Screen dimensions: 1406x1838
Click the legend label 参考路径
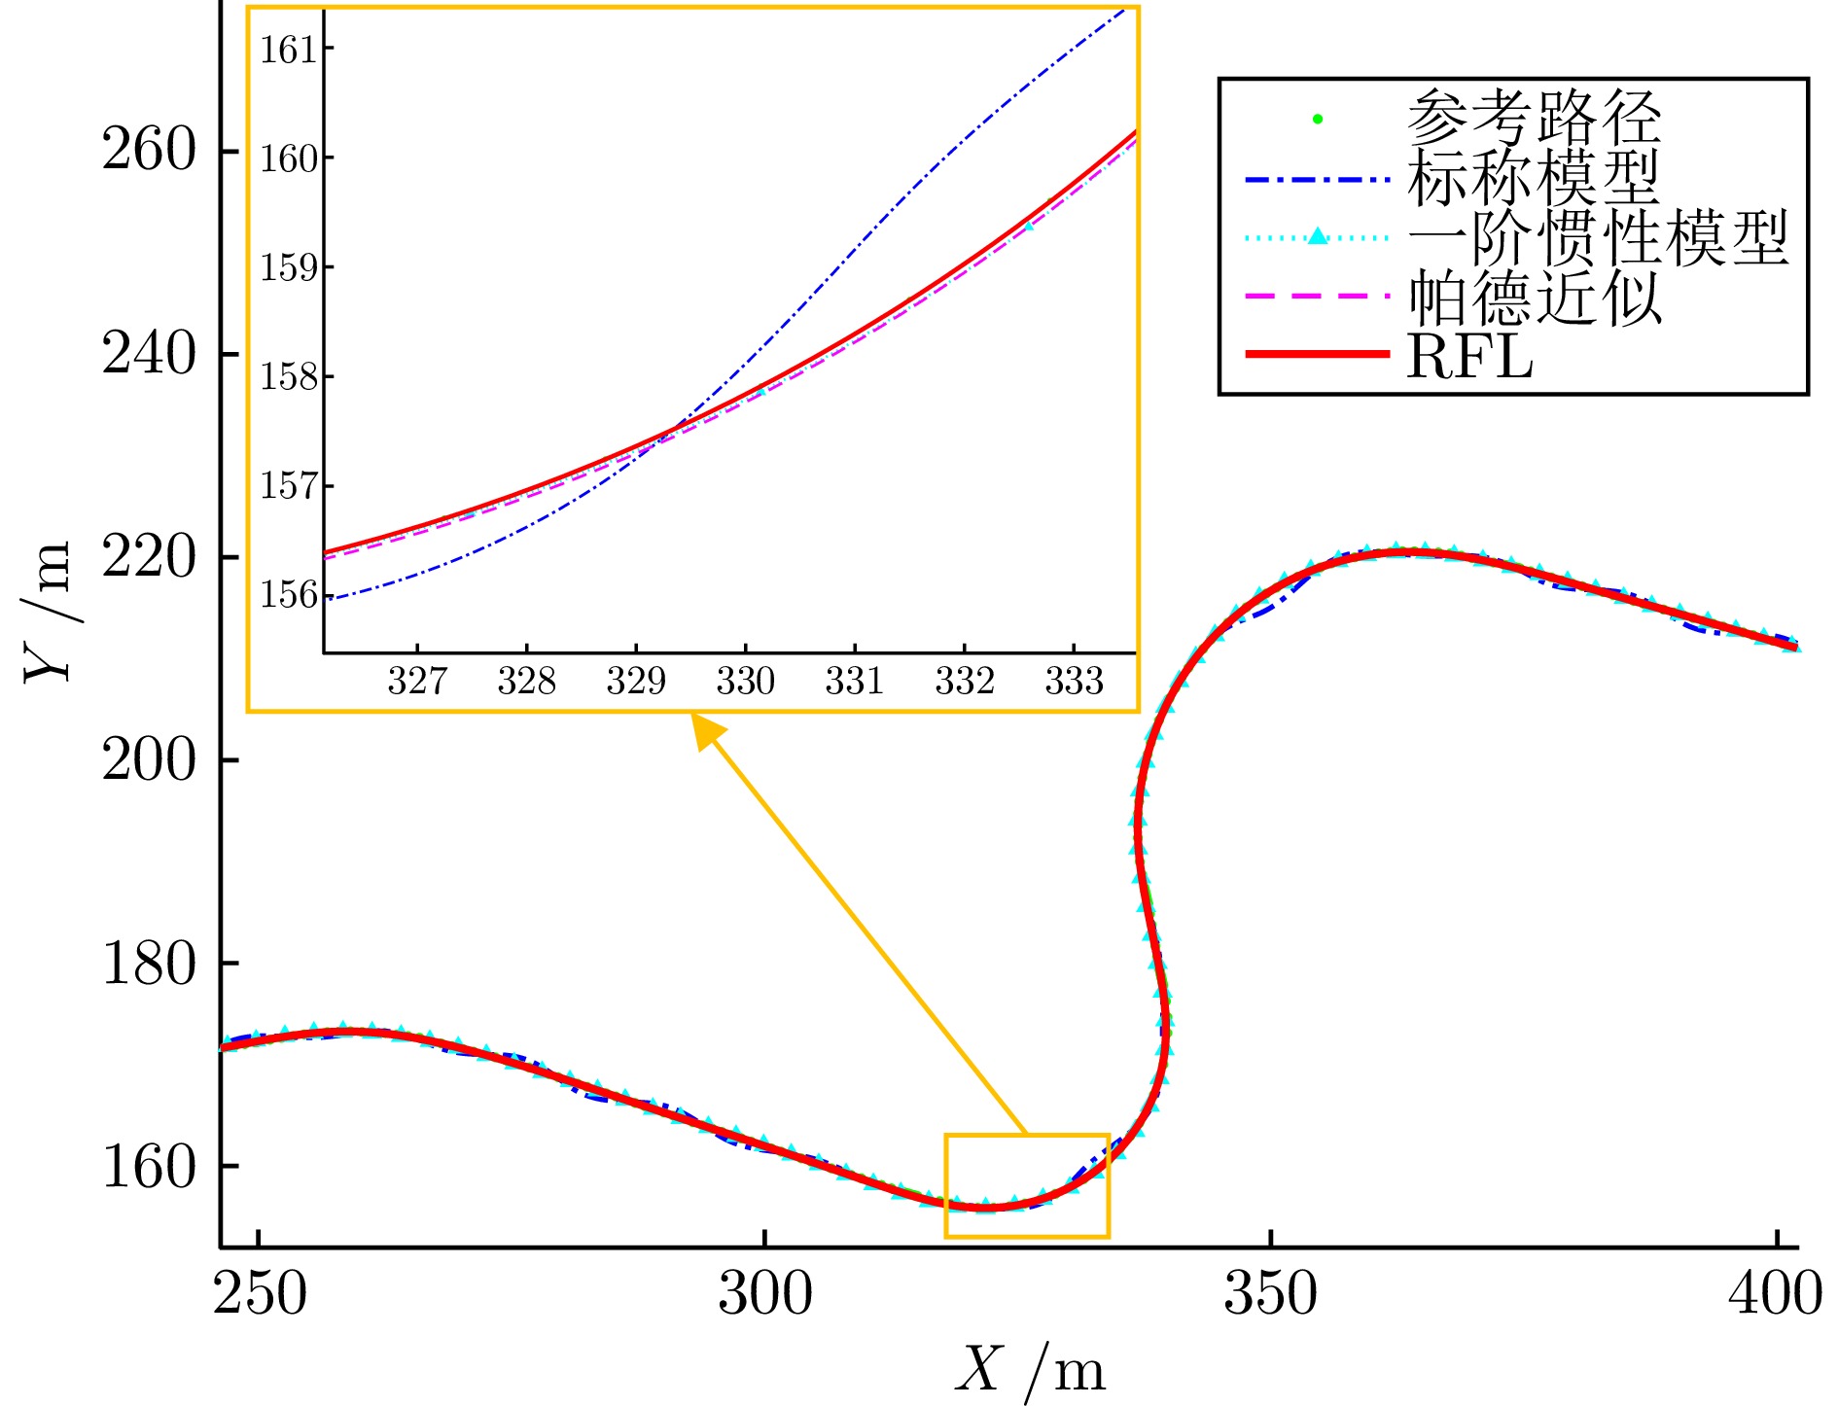1534,118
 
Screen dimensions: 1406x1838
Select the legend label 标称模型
1534,178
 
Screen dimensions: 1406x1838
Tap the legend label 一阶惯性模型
1598,238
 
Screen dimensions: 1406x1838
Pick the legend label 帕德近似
1534,298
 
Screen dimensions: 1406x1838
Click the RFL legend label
1469,357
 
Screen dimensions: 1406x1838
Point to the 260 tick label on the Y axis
149,151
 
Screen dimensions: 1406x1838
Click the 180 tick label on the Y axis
149,963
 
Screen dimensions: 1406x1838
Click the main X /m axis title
1030,1371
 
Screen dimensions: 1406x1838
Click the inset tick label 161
289,50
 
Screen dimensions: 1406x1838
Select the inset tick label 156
289,595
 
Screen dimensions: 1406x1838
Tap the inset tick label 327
417,682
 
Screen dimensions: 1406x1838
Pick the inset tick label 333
1074,682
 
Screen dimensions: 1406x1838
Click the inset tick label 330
745,682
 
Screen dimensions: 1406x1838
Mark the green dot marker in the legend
1318,120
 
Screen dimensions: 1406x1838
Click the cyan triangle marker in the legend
1318,235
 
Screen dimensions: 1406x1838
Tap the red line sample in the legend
1318,355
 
